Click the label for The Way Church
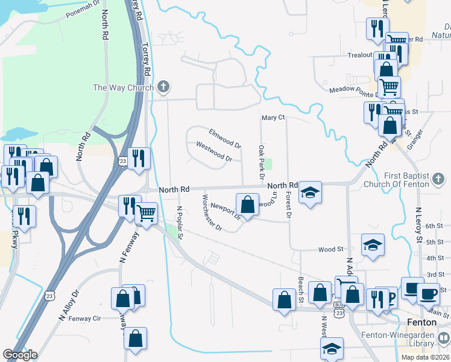123,87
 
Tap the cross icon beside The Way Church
162,87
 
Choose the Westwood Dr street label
215,151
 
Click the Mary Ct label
273,118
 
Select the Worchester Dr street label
212,213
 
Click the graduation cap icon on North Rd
311,192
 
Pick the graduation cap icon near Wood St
373,245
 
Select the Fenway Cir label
97,318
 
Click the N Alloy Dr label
69,306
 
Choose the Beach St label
300,291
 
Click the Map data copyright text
424,357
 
